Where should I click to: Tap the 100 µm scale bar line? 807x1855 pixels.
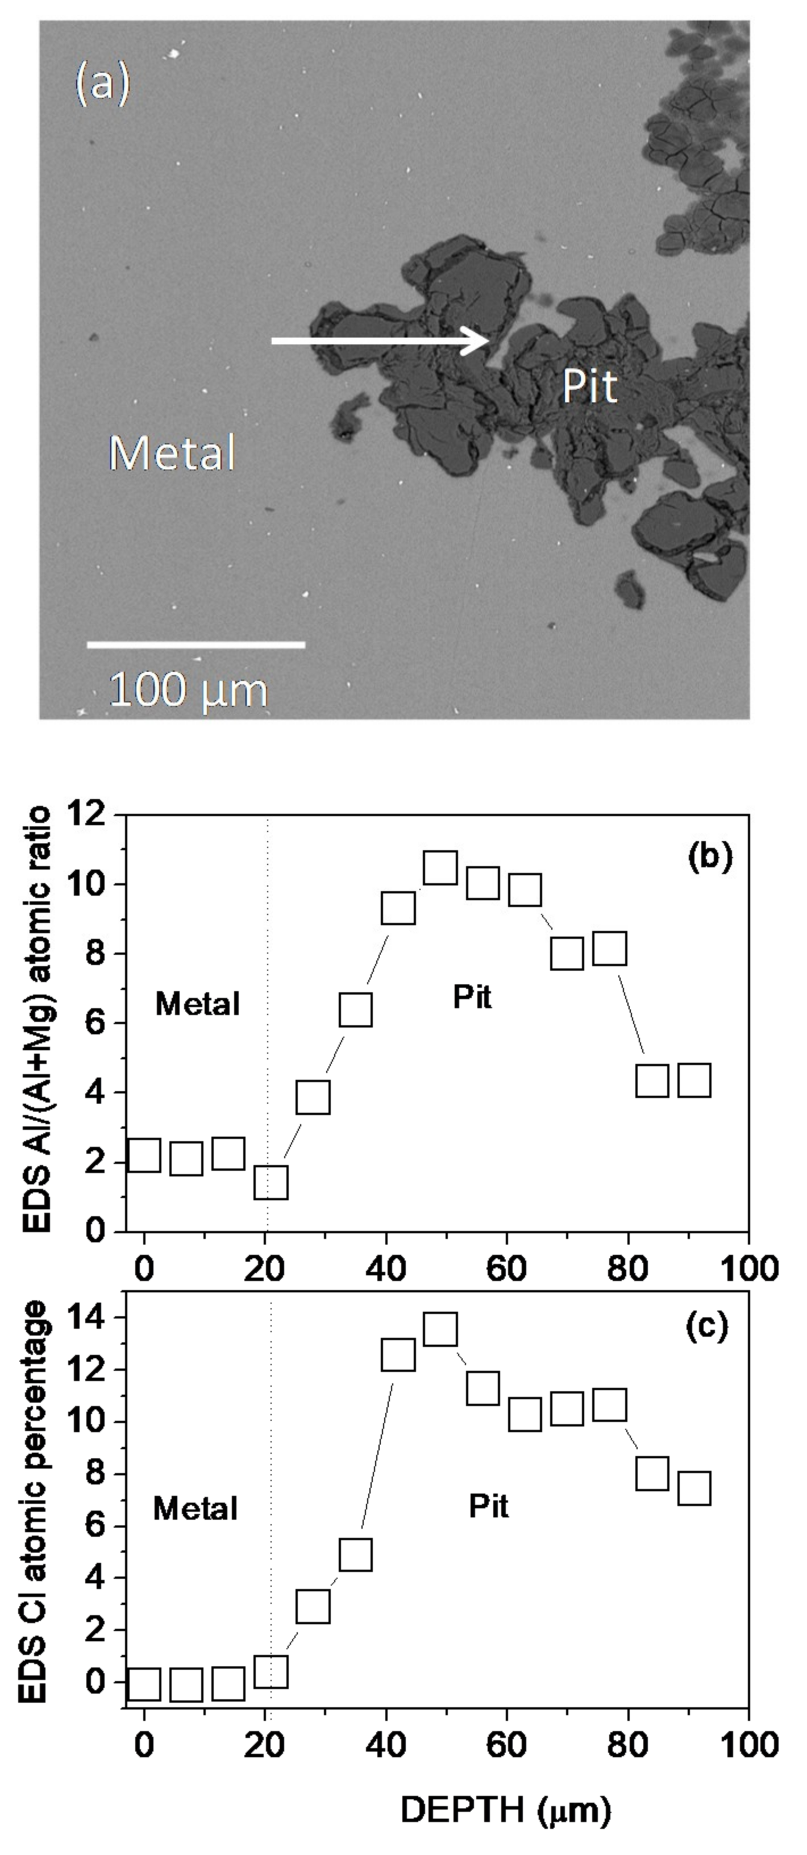pyautogui.click(x=196, y=644)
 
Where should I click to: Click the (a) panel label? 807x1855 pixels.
pyautogui.click(x=103, y=84)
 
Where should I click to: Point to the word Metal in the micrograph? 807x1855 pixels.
pyautogui.click(x=172, y=453)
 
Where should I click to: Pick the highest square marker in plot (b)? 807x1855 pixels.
pyautogui.click(x=440, y=867)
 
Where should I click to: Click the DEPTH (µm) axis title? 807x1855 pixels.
pyautogui.click(x=505, y=1810)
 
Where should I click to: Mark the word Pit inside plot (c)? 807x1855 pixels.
pyautogui.click(x=489, y=1505)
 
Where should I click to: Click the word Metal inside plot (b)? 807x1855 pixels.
pyautogui.click(x=197, y=1004)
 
